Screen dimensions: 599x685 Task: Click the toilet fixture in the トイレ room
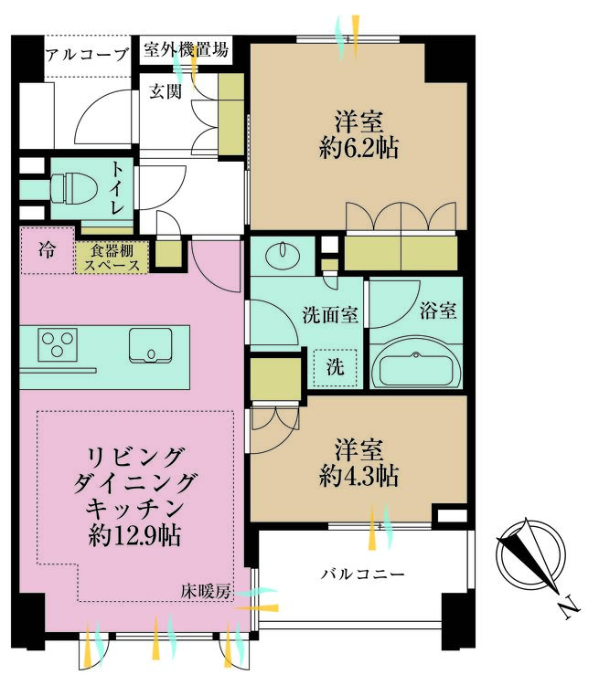(73, 189)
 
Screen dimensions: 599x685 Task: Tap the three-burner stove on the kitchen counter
(58, 344)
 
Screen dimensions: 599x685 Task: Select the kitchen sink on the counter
(151, 345)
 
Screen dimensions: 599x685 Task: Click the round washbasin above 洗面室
(283, 253)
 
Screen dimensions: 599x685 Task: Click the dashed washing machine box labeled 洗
(336, 368)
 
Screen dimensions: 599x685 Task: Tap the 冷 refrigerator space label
(47, 250)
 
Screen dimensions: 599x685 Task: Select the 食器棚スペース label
(112, 258)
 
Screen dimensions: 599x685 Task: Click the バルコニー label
(363, 574)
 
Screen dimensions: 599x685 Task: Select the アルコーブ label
(88, 55)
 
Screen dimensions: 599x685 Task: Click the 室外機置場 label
(186, 50)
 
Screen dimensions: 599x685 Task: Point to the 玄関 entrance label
(165, 91)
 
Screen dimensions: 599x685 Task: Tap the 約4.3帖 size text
(358, 476)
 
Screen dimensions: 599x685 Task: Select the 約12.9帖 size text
(134, 535)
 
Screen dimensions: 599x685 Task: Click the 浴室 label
(438, 311)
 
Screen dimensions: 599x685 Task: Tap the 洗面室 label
(330, 314)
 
